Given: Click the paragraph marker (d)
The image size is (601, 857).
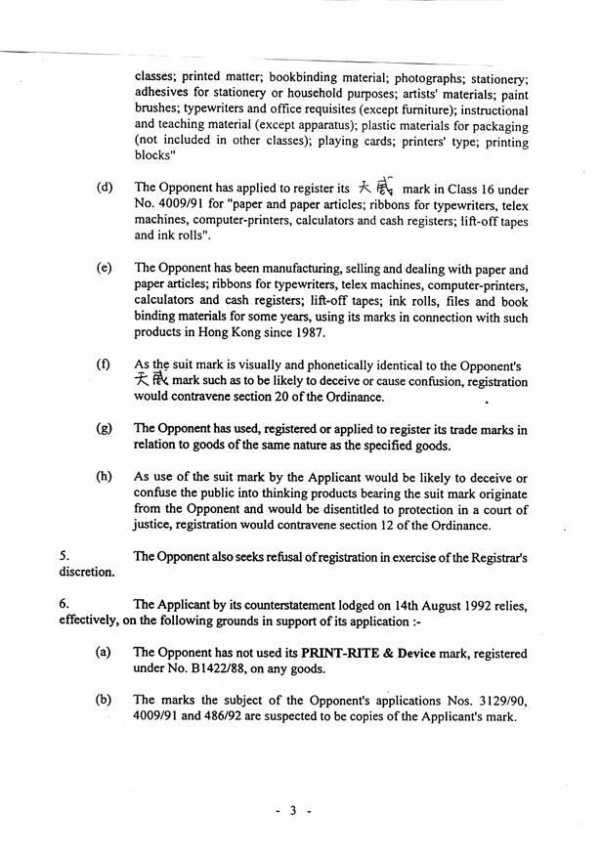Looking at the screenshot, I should pos(104,188).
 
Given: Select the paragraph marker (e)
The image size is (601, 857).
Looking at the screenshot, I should pos(104,268).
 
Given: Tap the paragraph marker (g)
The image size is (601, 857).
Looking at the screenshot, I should pos(104,429).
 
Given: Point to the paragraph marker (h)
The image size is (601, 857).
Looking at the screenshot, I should pos(104,478).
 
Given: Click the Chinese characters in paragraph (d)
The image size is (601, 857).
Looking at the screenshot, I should pos(374,188).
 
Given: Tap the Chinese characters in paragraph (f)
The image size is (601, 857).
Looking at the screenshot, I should pos(151,380).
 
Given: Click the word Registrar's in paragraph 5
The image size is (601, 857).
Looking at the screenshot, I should pos(494,557).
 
